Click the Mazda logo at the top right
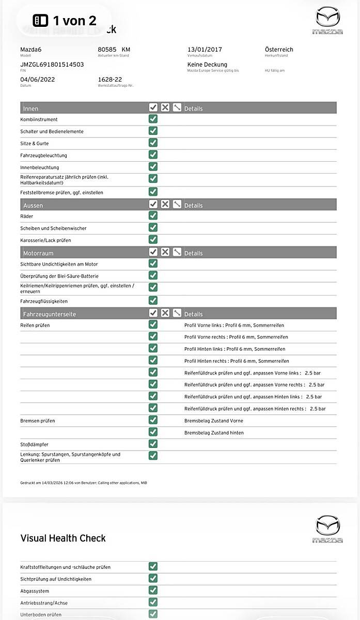click(327, 21)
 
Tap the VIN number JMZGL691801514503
click(52, 65)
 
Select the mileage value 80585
click(107, 50)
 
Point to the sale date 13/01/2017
click(205, 50)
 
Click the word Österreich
click(279, 50)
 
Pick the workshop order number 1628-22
click(109, 80)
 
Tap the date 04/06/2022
click(37, 80)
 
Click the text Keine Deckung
click(207, 65)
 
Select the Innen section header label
click(31, 109)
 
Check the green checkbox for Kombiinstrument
click(153, 119)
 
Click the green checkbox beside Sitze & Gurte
click(153, 143)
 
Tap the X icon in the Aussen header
click(165, 204)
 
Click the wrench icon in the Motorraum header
click(177, 252)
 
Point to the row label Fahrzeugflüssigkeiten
click(44, 301)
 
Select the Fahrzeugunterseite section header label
click(50, 314)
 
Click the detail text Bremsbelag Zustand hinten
click(214, 433)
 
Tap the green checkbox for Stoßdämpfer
click(153, 444)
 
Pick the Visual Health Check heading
click(63, 538)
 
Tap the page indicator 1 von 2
click(65, 21)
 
